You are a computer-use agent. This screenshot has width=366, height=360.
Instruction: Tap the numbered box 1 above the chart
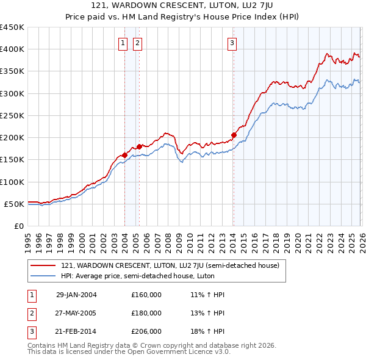point(123,43)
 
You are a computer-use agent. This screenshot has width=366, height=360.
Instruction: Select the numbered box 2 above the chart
point(137,43)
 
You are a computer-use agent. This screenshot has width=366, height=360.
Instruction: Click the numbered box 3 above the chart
point(232,43)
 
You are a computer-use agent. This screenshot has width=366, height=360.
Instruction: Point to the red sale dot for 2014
point(234,135)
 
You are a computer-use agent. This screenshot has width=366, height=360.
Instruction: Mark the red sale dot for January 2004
point(125,155)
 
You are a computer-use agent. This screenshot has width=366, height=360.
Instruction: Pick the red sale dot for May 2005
point(139,146)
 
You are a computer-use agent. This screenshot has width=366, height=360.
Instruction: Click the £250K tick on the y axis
point(12,115)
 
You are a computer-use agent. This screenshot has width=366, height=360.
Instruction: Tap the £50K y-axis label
point(15,204)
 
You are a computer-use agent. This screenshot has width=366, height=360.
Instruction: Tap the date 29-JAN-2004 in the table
point(76,295)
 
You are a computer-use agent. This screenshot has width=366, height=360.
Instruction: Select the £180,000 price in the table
point(146,313)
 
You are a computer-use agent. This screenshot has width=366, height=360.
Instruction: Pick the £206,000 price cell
point(146,332)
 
